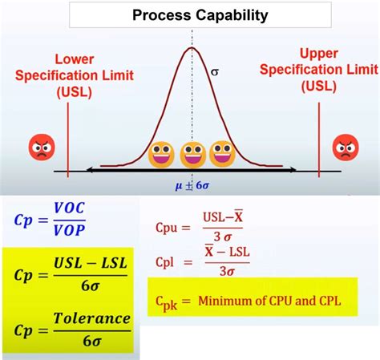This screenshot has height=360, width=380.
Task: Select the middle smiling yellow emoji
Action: click(192, 152)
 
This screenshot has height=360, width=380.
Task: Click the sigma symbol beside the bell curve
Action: click(214, 71)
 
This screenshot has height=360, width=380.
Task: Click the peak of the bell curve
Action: click(192, 48)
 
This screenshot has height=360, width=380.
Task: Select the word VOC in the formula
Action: click(69, 207)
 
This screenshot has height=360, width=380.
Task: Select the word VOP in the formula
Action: click(69, 231)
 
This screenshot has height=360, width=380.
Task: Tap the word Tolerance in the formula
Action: click(91, 318)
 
